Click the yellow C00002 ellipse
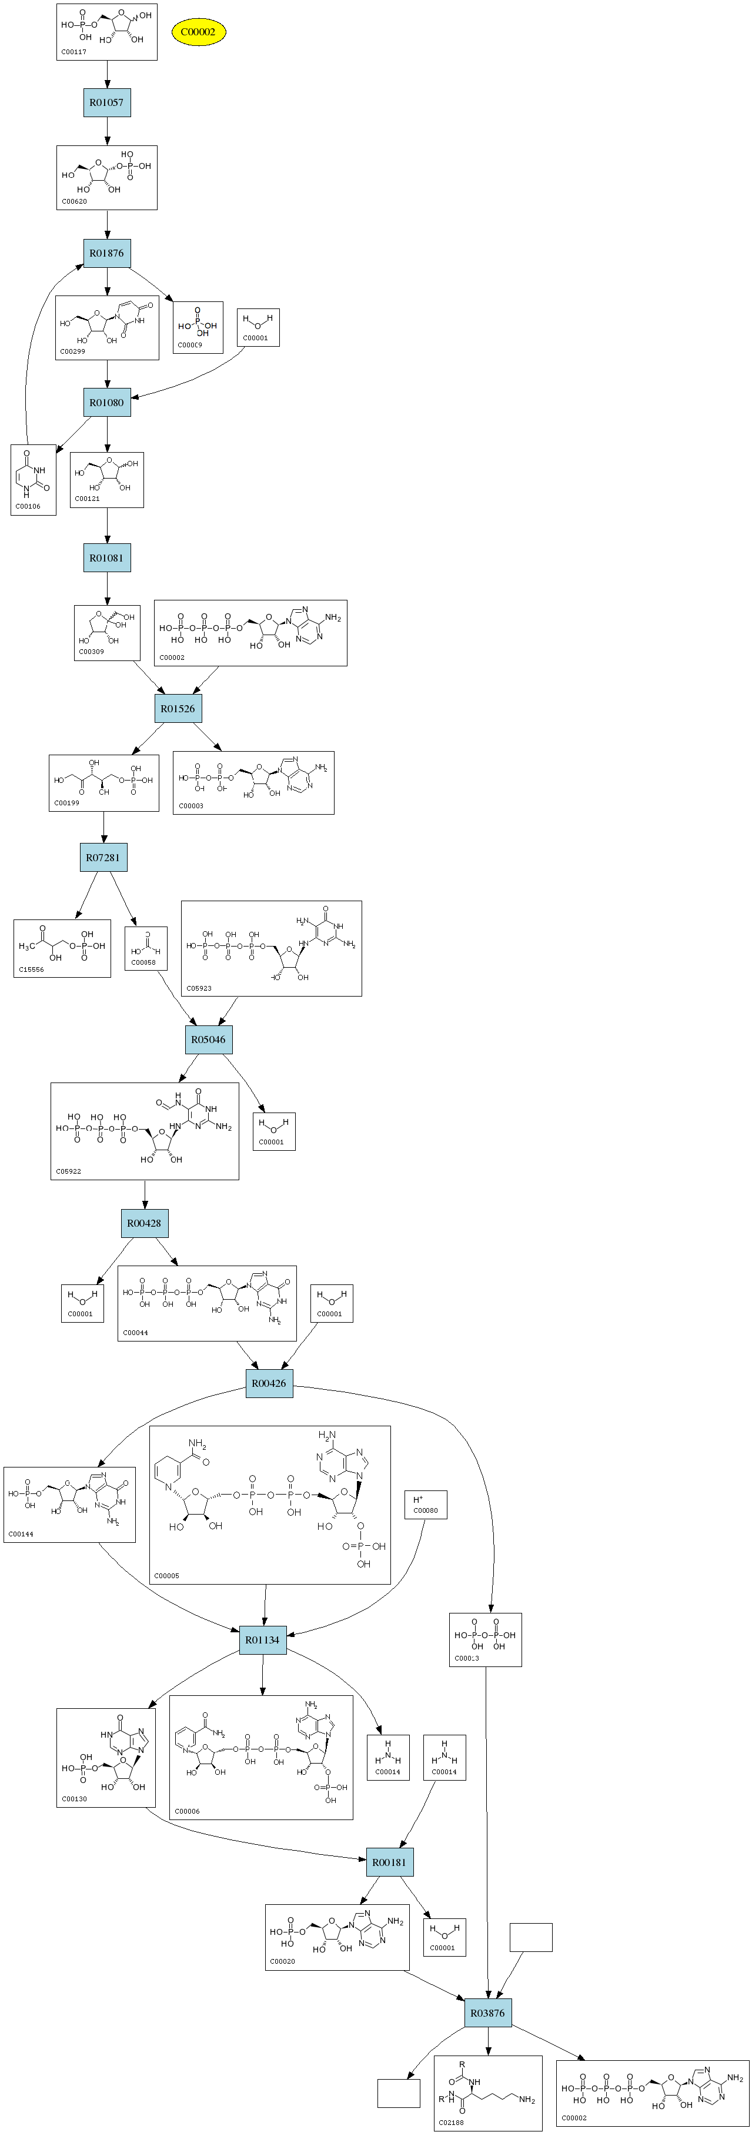click(198, 32)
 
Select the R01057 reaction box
click(107, 103)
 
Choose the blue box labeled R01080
click(107, 403)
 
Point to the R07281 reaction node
click(103, 858)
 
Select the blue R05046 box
click(208, 1040)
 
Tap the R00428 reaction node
click(144, 1223)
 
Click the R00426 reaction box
click(269, 1383)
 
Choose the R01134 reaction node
click(263, 1640)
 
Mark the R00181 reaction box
click(389, 1862)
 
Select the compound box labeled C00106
click(33, 480)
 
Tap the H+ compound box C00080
click(426, 1505)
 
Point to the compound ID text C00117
click(73, 52)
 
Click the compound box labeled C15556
click(62, 948)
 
